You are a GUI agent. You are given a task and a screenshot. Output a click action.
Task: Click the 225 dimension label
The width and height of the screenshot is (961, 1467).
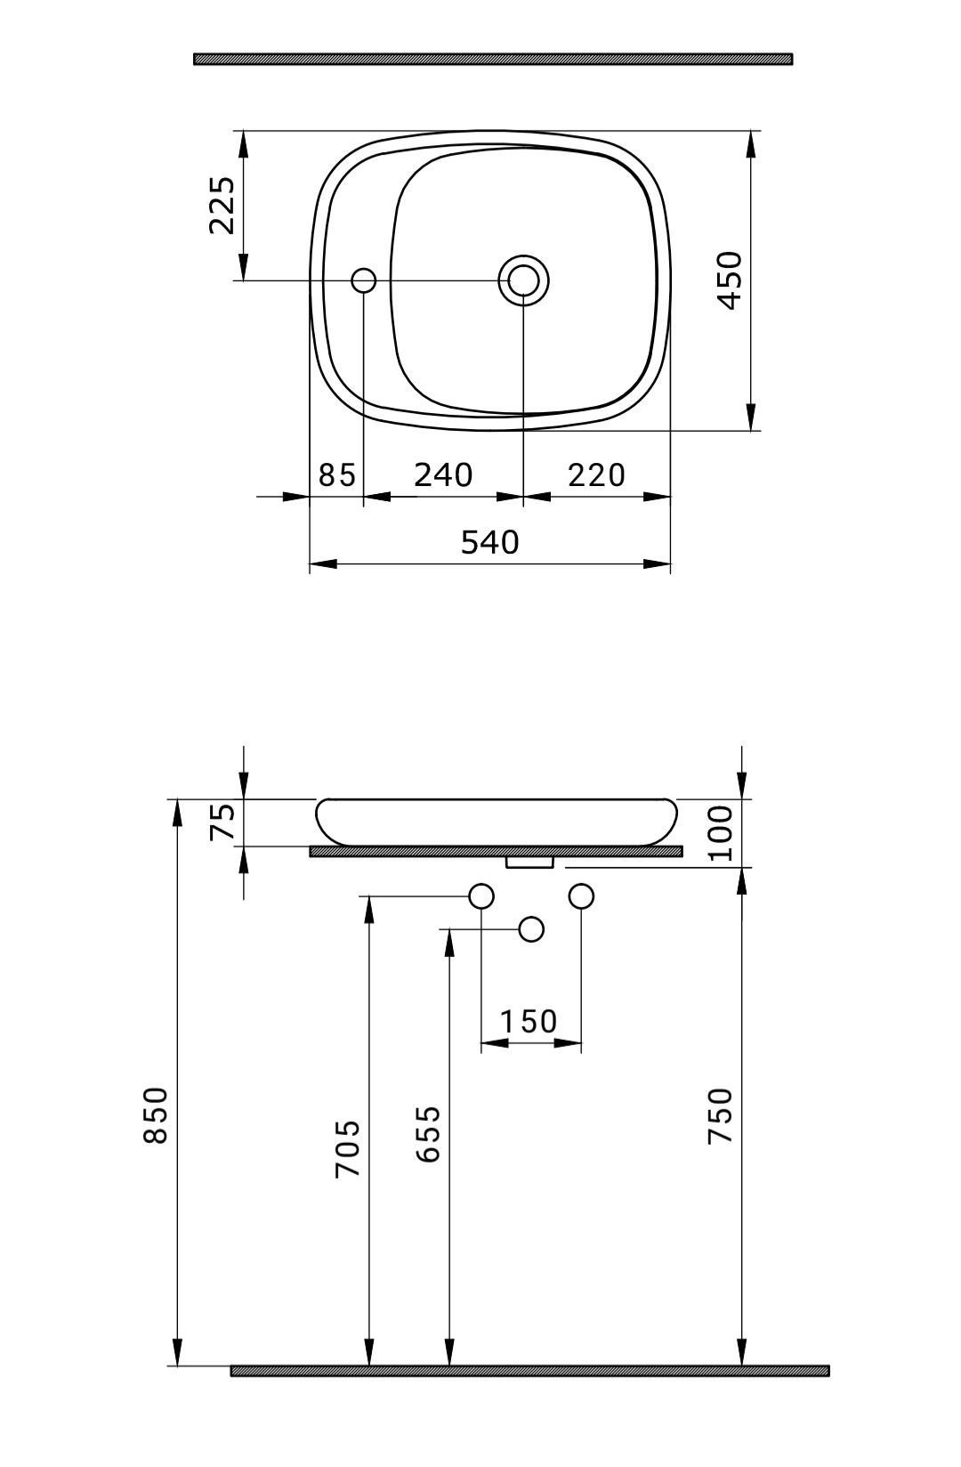tap(222, 206)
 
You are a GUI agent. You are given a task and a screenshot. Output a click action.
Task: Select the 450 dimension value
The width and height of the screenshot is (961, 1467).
tap(730, 280)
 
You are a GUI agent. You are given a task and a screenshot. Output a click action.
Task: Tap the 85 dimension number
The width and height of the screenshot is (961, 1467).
tap(337, 475)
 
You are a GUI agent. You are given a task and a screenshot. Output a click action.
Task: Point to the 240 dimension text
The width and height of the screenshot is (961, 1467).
tap(443, 475)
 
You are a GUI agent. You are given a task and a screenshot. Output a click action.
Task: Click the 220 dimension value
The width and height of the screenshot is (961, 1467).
tap(596, 475)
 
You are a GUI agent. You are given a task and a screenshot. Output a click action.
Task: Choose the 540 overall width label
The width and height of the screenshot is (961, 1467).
tap(489, 542)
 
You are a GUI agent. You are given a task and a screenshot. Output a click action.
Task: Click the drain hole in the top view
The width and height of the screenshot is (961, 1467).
tap(523, 280)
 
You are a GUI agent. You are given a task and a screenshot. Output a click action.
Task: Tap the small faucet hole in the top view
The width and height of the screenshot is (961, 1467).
tap(364, 280)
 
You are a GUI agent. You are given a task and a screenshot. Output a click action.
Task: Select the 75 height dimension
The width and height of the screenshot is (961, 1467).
tap(223, 822)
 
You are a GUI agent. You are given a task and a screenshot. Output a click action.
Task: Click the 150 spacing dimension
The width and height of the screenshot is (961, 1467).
tap(529, 1021)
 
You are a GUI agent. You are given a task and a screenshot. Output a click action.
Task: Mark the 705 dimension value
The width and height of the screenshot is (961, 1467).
tap(348, 1148)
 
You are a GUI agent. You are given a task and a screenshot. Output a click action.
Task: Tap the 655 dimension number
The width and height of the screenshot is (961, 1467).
tap(428, 1133)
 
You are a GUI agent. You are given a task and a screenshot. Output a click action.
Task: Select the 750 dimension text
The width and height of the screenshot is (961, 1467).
tap(720, 1115)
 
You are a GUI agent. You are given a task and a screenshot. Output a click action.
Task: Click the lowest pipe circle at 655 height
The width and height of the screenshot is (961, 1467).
tap(531, 929)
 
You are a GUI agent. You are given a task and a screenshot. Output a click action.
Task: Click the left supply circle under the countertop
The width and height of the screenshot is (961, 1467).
tap(481, 896)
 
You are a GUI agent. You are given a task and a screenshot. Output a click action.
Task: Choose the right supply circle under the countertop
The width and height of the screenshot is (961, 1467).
tap(581, 896)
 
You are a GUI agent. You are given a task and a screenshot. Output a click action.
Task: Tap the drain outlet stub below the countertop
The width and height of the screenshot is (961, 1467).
tap(529, 862)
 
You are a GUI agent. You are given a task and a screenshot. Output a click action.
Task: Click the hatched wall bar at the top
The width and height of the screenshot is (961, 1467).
tap(493, 59)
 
